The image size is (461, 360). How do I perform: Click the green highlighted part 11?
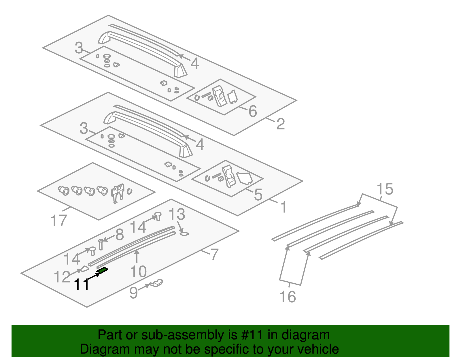[x=103, y=270]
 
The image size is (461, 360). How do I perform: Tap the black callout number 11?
[x=82, y=285]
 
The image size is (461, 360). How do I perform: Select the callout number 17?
[x=58, y=221]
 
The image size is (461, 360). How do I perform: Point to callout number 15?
[x=385, y=189]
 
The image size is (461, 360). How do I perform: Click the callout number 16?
[x=288, y=297]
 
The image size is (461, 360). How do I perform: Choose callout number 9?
[x=134, y=293]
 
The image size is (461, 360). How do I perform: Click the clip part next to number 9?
[x=157, y=283]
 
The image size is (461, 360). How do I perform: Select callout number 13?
[x=177, y=215]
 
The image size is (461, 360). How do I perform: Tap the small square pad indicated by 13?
[x=184, y=233]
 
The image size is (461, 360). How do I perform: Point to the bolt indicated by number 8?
[x=101, y=244]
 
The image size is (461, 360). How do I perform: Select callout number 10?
[x=139, y=272]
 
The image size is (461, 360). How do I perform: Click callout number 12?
[x=62, y=277]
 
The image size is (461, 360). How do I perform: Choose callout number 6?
[x=253, y=111]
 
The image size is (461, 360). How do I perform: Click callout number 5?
[x=258, y=195]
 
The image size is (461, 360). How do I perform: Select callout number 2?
[x=280, y=124]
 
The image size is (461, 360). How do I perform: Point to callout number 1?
[x=284, y=207]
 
